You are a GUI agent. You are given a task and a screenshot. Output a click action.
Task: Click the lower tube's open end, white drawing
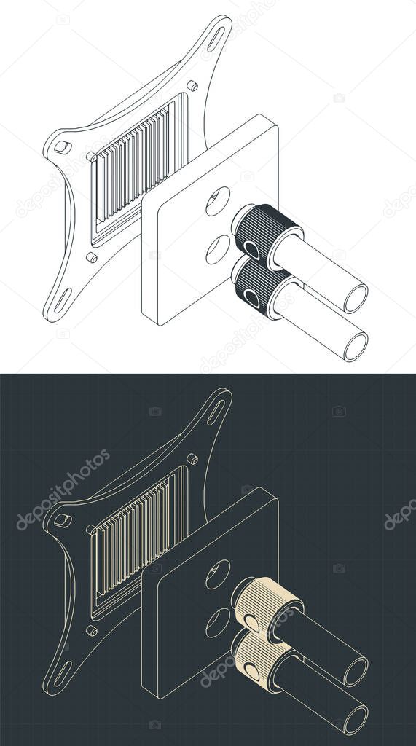(356, 345)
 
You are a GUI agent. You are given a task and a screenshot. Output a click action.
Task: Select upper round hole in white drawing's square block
(217, 201)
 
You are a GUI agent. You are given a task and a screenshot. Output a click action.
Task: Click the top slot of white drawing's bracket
(216, 39)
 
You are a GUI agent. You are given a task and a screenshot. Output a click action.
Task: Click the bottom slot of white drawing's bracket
(63, 299)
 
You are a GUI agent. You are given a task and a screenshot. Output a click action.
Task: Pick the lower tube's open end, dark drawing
(356, 718)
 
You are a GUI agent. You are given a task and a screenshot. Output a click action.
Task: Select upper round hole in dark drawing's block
(217, 574)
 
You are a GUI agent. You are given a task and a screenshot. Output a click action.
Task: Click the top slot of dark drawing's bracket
(216, 412)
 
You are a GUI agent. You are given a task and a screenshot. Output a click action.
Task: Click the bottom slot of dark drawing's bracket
(63, 672)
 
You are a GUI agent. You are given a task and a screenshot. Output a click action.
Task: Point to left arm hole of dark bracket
(63, 520)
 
